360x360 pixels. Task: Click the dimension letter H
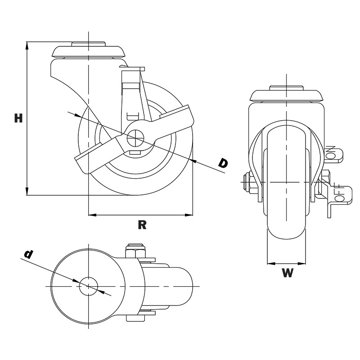click(18, 118)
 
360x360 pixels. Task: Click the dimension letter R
click(142, 225)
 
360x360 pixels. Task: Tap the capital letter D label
click(223, 163)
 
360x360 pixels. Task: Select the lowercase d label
click(28, 254)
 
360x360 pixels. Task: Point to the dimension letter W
click(288, 273)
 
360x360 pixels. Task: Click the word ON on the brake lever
click(332, 152)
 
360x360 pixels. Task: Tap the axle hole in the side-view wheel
click(135, 138)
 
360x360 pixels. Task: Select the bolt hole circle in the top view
click(88, 286)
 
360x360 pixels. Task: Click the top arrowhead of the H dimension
click(27, 45)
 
